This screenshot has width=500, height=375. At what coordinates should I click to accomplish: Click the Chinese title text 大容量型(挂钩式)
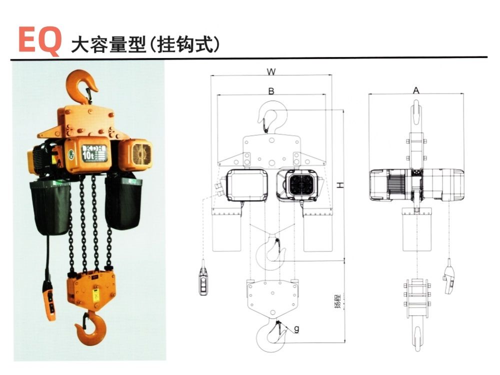click(x=145, y=44)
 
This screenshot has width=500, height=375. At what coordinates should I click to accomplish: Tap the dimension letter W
click(x=271, y=71)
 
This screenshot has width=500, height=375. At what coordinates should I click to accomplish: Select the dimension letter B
click(x=271, y=91)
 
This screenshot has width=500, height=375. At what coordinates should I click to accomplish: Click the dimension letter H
click(x=340, y=185)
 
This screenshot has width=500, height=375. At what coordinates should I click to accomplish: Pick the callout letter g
click(x=296, y=329)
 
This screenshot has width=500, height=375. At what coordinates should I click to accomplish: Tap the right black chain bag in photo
click(x=122, y=202)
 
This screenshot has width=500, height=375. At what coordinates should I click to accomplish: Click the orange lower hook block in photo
click(x=92, y=290)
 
